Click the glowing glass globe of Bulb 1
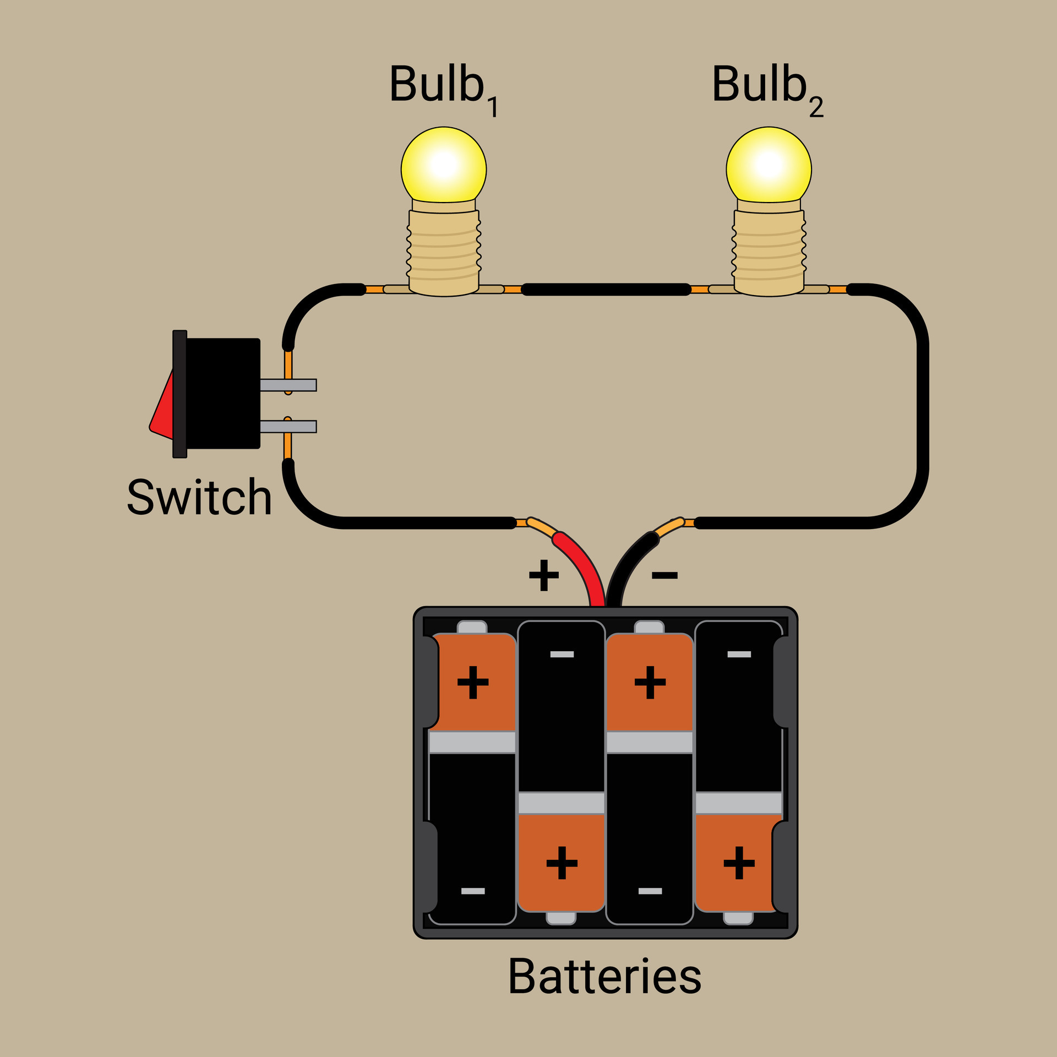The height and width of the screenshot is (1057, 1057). pyautogui.click(x=443, y=165)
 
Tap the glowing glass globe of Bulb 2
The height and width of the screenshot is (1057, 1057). pyautogui.click(x=769, y=165)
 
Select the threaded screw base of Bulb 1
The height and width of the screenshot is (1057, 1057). pyautogui.click(x=444, y=250)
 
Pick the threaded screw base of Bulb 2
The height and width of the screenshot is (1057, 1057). pyautogui.click(x=769, y=250)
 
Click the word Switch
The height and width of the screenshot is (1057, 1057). pyautogui.click(x=199, y=497)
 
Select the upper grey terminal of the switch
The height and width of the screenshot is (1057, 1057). pyautogui.click(x=288, y=385)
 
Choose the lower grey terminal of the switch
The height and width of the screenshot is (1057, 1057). pyautogui.click(x=288, y=427)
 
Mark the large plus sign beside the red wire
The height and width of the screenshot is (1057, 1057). pyautogui.click(x=543, y=575)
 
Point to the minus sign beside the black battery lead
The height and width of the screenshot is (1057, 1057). pyautogui.click(x=664, y=576)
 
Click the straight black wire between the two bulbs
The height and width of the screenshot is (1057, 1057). pyautogui.click(x=606, y=290)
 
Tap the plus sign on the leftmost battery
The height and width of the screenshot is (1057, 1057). pyautogui.click(x=473, y=683)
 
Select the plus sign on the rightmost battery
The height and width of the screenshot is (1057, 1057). pyautogui.click(x=739, y=863)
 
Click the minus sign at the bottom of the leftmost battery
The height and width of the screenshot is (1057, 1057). pyautogui.click(x=473, y=891)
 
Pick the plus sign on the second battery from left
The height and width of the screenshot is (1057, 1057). pyautogui.click(x=562, y=863)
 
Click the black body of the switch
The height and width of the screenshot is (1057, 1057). pyautogui.click(x=223, y=393)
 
